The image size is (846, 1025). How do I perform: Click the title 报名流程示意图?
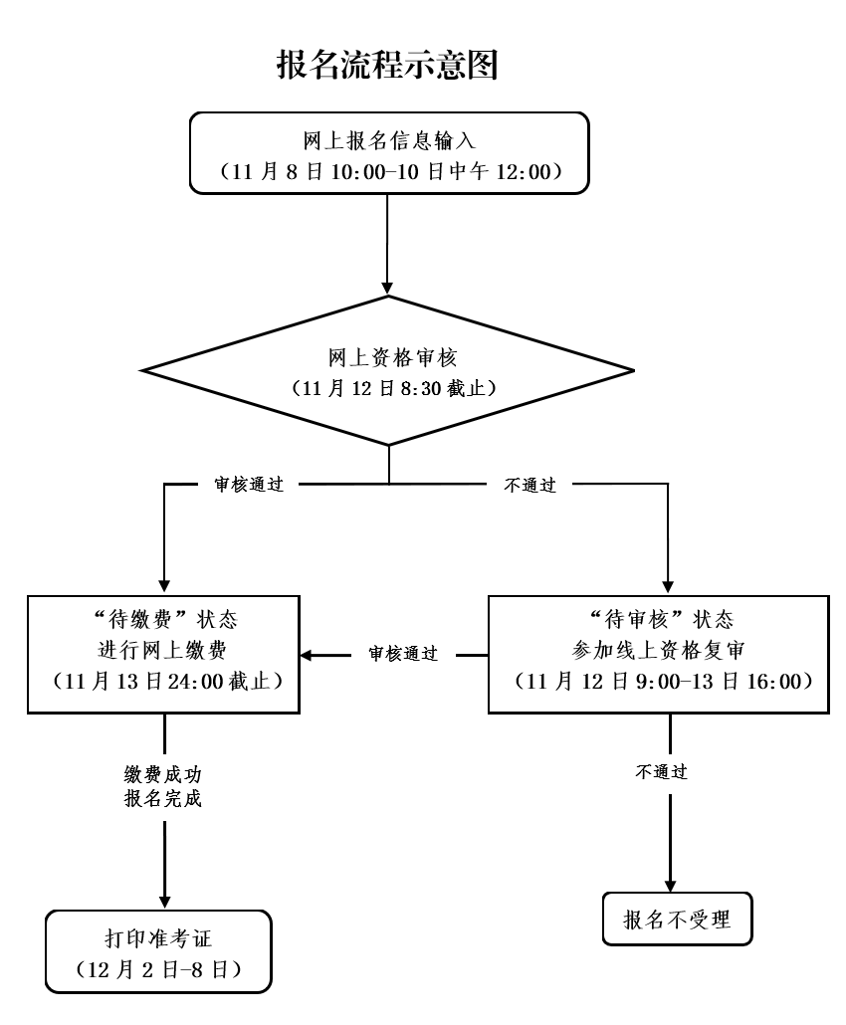(x=386, y=66)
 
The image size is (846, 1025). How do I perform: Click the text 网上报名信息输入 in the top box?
(x=387, y=138)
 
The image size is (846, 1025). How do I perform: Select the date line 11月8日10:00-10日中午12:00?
(x=387, y=171)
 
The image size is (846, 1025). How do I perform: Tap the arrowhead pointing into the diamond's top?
(x=387, y=286)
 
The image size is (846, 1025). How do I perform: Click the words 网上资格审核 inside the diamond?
(x=387, y=355)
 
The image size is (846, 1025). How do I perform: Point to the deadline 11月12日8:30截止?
(x=387, y=387)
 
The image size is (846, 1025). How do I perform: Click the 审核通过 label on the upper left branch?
(x=249, y=486)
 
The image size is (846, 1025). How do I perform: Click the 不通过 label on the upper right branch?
(x=529, y=486)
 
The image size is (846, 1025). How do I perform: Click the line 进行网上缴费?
(x=164, y=651)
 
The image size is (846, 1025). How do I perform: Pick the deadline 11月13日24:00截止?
(x=164, y=683)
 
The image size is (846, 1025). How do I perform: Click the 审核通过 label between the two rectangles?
(x=403, y=655)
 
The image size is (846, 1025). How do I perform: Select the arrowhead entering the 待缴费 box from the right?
(x=308, y=655)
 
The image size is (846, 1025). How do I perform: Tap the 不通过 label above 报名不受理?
(x=662, y=771)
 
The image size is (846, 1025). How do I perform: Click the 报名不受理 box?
(x=677, y=920)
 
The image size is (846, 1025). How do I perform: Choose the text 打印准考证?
(x=158, y=936)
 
